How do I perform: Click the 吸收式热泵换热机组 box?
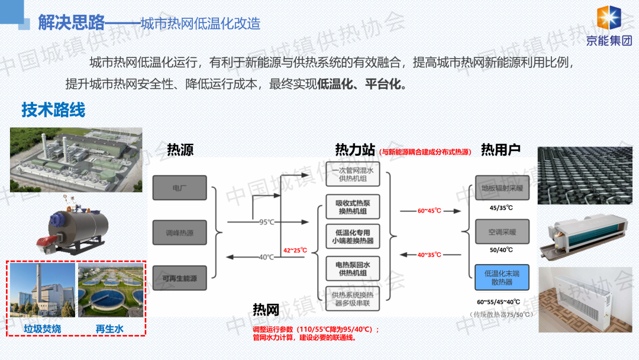pyautogui.click(x=353, y=207)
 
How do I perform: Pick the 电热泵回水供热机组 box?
pyautogui.click(x=353, y=269)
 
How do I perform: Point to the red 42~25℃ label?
pyautogui.click(x=295, y=250)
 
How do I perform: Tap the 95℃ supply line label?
pyautogui.click(x=267, y=222)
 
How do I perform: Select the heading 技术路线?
pyautogui.click(x=53, y=110)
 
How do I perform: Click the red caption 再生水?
pyautogui.click(x=109, y=329)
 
